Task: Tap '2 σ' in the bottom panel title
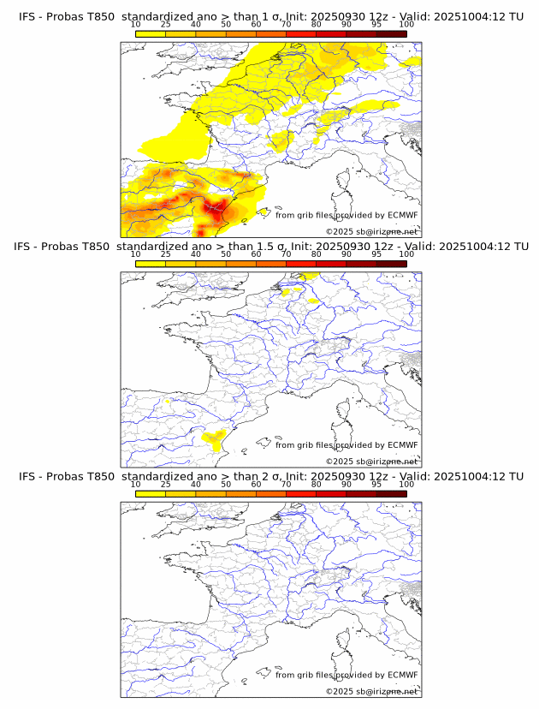click(x=262, y=477)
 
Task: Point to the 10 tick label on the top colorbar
click(x=136, y=26)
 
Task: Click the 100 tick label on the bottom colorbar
click(x=406, y=485)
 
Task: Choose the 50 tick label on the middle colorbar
click(x=226, y=255)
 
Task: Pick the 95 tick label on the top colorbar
click(x=376, y=26)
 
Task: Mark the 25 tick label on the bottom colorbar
click(x=166, y=485)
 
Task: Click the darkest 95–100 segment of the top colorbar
click(x=391, y=34)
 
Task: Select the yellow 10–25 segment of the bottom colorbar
click(x=151, y=494)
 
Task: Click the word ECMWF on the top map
click(x=402, y=216)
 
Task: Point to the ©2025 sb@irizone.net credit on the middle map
click(x=371, y=461)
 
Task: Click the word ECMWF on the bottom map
click(x=402, y=675)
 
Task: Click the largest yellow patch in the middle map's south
click(x=214, y=439)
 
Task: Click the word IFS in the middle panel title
click(x=27, y=247)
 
